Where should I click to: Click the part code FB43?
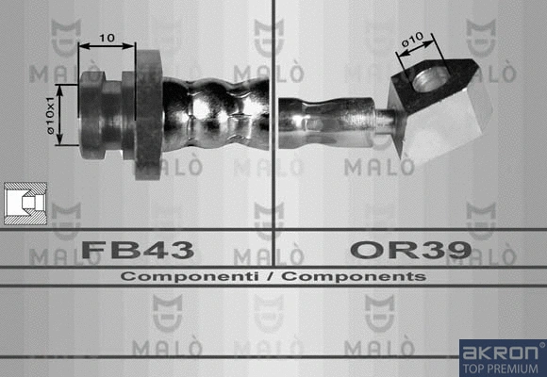coord(138,250)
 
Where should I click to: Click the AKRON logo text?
coord(499,352)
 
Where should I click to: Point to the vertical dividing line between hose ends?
coord(273,141)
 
